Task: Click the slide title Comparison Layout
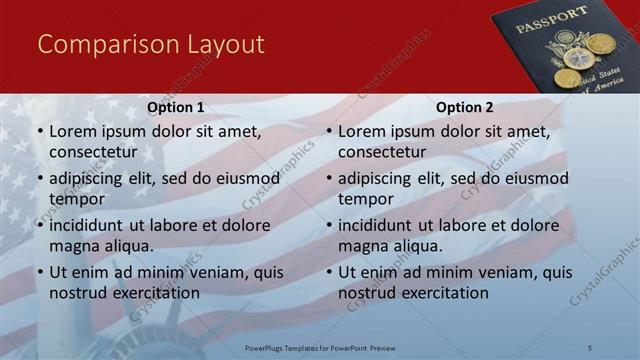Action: click(x=150, y=44)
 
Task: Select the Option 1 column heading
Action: click(x=176, y=108)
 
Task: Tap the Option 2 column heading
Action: click(x=465, y=108)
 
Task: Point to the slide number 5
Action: click(x=590, y=347)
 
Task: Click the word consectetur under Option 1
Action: click(x=93, y=152)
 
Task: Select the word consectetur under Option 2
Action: click(x=382, y=152)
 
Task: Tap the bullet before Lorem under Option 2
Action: click(x=329, y=132)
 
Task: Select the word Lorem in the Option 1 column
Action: click(x=72, y=131)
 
